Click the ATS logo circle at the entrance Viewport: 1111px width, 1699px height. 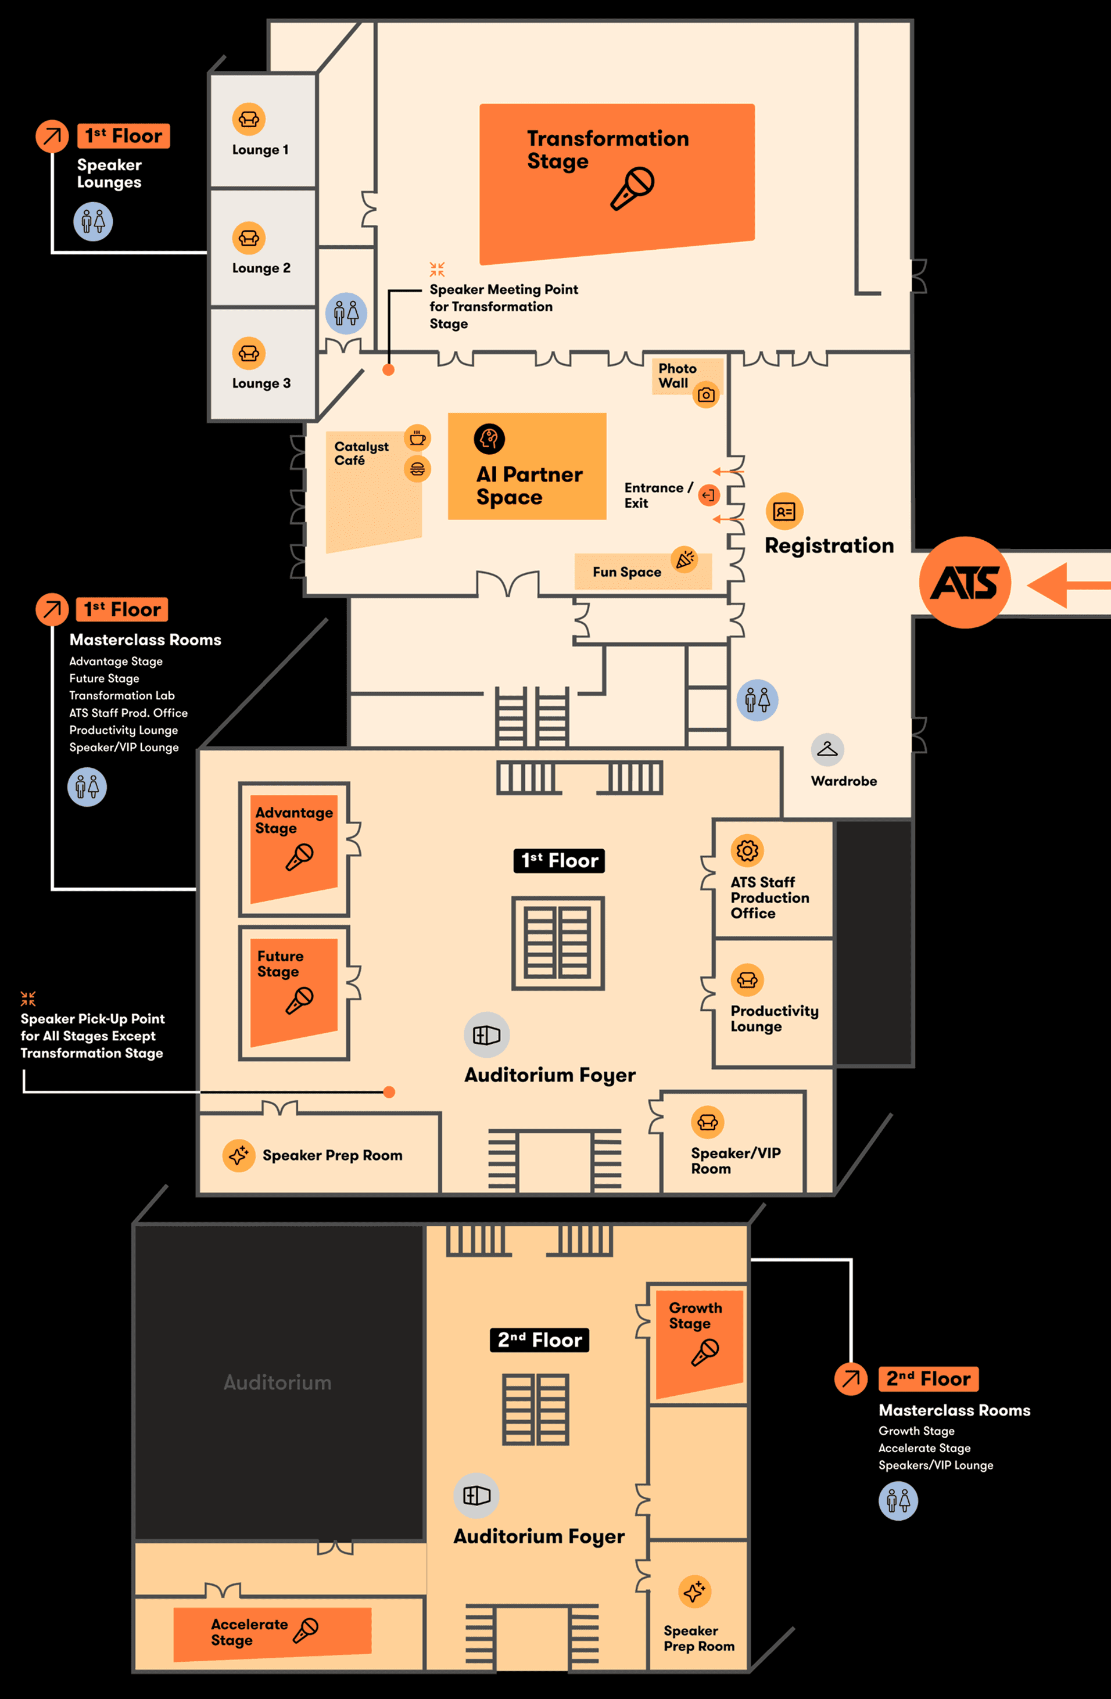(965, 583)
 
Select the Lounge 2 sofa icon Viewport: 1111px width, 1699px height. (249, 238)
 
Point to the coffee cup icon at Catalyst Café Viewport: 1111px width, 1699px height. (418, 437)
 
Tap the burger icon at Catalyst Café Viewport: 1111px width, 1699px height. (418, 469)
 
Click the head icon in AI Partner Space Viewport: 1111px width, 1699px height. (489, 439)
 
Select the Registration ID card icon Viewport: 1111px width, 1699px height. (784, 511)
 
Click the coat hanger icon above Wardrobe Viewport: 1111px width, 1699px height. (827, 749)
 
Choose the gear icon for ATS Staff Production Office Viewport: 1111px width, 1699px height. (747, 850)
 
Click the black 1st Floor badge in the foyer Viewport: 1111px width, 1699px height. (559, 860)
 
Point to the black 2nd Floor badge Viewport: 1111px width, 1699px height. (540, 1340)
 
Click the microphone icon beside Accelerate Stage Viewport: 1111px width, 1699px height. (306, 1630)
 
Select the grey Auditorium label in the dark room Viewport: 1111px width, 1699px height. (278, 1383)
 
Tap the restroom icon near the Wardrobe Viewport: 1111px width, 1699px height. (758, 699)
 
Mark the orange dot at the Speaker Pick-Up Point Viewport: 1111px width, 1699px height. (389, 1091)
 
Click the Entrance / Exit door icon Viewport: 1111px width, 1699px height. (708, 495)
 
